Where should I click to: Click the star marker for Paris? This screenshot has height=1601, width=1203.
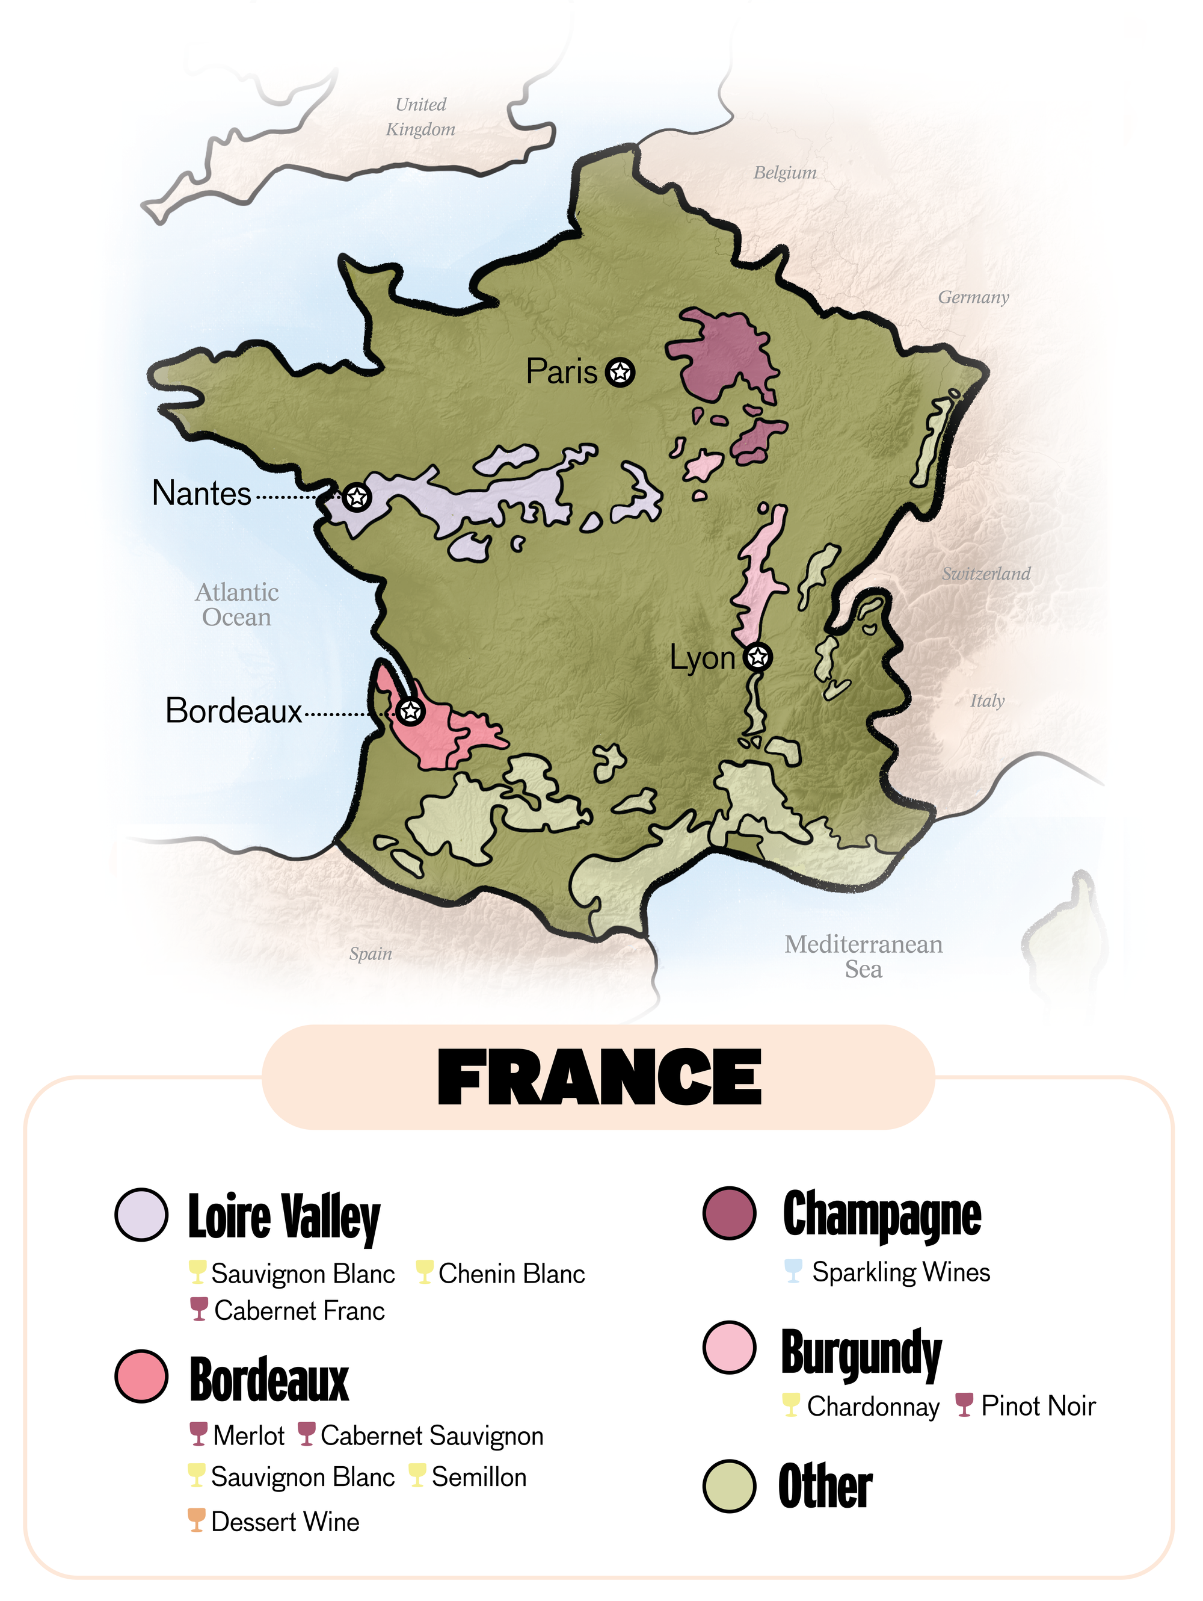coord(620,372)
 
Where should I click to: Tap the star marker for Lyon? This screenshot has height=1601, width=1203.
coord(757,657)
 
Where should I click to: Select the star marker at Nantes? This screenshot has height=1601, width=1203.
coord(357,497)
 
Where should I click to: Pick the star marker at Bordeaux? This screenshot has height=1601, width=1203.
coord(410,711)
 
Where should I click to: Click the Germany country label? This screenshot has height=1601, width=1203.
coord(973,297)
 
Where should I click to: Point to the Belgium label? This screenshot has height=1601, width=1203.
coord(785,173)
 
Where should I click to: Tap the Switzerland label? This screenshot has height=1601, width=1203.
coord(986,574)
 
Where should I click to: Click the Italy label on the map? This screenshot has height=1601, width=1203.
coord(986,701)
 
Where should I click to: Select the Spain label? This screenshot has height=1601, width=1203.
coord(371,954)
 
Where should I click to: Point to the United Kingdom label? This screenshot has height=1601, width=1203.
coord(420,117)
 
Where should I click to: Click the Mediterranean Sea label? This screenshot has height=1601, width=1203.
coord(864,956)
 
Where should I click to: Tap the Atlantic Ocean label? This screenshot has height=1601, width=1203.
coord(236,605)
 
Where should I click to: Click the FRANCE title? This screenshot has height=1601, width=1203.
coord(599,1078)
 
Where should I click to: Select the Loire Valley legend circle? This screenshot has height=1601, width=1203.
coord(142,1215)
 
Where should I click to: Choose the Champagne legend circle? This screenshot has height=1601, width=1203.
coord(729,1213)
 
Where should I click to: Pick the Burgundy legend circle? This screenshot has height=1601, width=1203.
coord(729,1347)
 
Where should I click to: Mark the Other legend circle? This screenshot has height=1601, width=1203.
coord(729,1486)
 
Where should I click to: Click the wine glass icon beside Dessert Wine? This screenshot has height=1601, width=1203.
coord(196,1521)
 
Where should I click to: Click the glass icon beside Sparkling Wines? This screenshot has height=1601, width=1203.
coord(793,1271)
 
